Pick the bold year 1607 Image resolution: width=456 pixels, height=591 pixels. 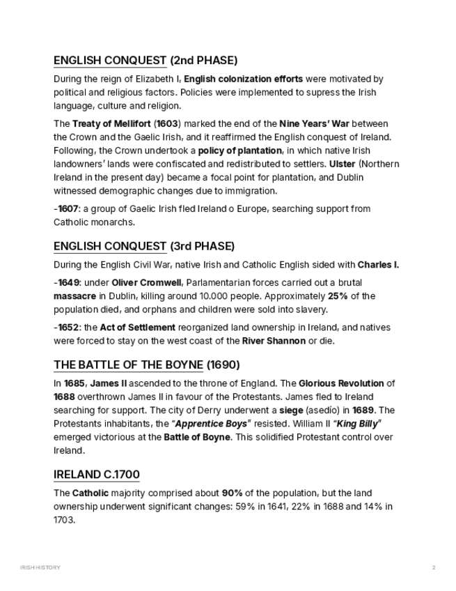point(68,209)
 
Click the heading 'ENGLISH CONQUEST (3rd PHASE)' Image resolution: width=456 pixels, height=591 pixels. point(144,247)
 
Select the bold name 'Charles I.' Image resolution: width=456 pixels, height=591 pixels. point(378,265)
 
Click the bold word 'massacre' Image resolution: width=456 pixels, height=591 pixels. point(75,296)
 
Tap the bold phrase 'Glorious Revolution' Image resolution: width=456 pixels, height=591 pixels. point(342,383)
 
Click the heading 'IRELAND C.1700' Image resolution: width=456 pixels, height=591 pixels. point(97,475)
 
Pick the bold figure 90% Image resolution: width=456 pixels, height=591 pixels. point(233,493)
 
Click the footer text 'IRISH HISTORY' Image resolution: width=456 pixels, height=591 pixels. point(40,568)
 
